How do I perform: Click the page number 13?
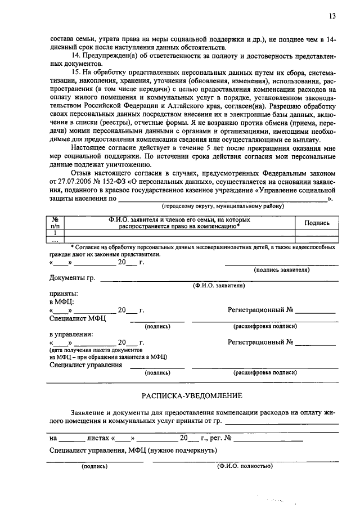point(333,16)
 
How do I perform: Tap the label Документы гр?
point(72,278)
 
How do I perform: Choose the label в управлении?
point(71,334)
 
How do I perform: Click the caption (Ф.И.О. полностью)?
point(244,466)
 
